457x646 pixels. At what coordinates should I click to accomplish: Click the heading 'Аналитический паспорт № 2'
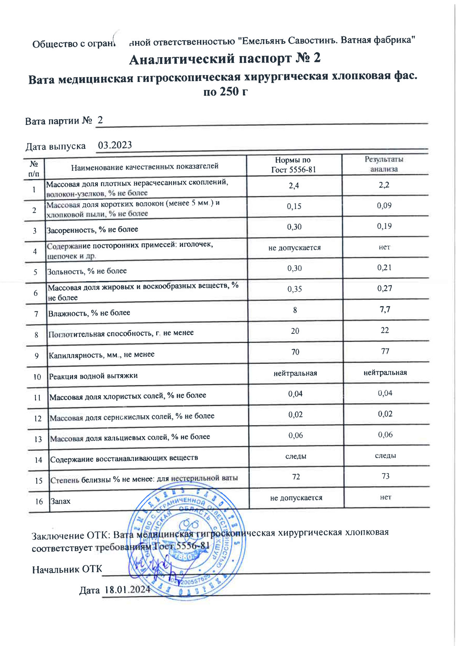pyautogui.click(x=225, y=59)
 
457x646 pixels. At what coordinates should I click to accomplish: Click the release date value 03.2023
pyautogui.click(x=115, y=145)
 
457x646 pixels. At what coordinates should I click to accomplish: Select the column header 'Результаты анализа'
pyautogui.click(x=384, y=164)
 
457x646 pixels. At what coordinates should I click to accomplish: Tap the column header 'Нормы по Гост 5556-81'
pyautogui.click(x=293, y=165)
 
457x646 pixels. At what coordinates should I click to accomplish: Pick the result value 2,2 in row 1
pyautogui.click(x=384, y=185)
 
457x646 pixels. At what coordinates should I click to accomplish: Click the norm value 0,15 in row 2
pyautogui.click(x=294, y=206)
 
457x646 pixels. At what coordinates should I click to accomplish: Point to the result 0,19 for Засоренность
pyautogui.click(x=384, y=226)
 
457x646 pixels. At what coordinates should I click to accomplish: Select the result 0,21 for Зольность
pyautogui.click(x=385, y=268)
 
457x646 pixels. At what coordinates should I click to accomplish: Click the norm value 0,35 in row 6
pyautogui.click(x=295, y=289)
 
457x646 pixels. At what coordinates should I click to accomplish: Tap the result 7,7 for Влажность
pyautogui.click(x=385, y=309)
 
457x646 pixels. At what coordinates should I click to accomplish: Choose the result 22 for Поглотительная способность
pyautogui.click(x=385, y=330)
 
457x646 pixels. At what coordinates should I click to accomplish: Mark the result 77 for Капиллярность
pyautogui.click(x=385, y=351)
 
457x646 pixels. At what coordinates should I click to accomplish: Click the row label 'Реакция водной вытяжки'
pyautogui.click(x=93, y=376)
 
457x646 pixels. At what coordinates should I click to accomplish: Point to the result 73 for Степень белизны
pyautogui.click(x=385, y=476)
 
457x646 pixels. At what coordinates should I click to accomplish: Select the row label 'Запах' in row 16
pyautogui.click(x=61, y=501)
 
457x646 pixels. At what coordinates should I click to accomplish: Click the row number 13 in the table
pyautogui.click(x=38, y=439)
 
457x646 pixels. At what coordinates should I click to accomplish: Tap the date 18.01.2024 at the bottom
pyautogui.click(x=127, y=590)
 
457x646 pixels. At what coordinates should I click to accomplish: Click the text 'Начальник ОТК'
pyautogui.click(x=67, y=569)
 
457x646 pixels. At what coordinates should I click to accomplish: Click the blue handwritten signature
pyautogui.click(x=150, y=565)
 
